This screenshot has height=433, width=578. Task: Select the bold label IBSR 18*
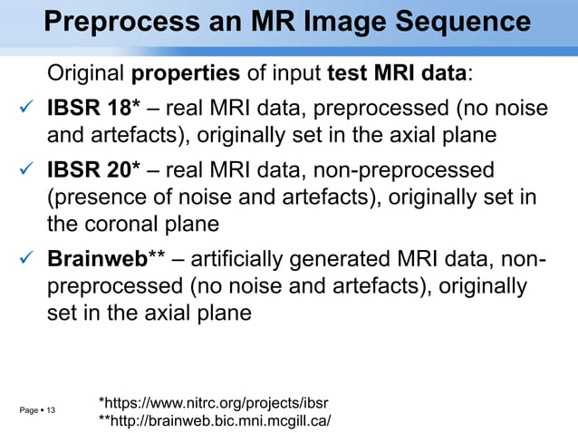tap(93, 110)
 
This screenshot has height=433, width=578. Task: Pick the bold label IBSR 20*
tap(93, 169)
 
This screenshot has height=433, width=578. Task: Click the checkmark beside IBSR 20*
tap(26, 170)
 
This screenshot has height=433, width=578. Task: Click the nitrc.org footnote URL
tap(213, 402)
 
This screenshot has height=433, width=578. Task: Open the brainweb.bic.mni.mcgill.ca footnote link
tap(214, 421)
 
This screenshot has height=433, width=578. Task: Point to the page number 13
tap(50, 411)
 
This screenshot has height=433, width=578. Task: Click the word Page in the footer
tap(28, 411)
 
